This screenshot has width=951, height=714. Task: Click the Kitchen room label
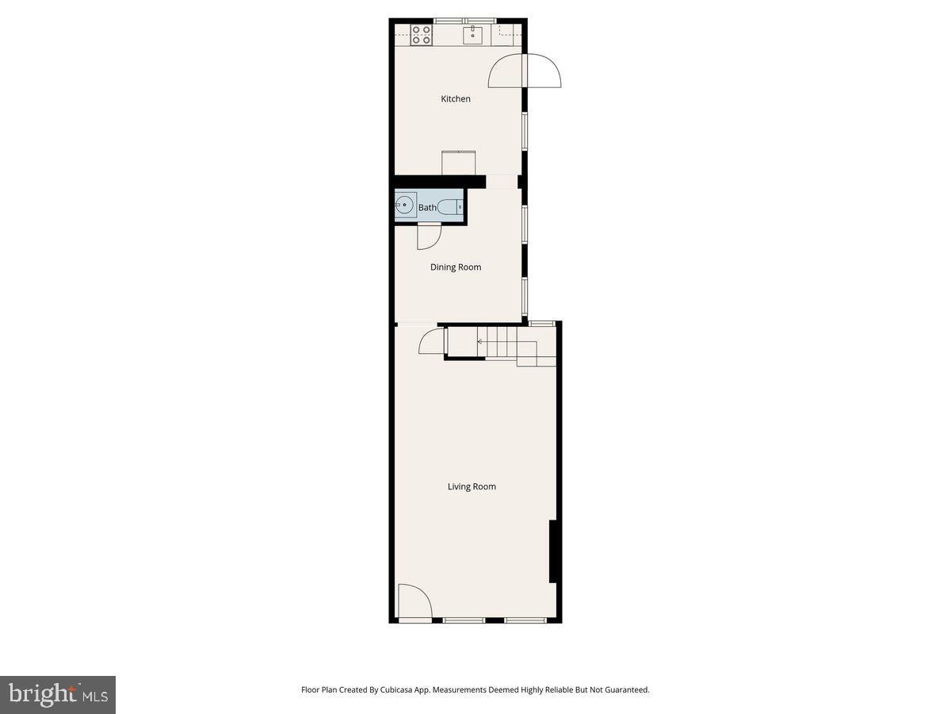[456, 99]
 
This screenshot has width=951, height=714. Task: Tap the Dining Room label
[456, 267]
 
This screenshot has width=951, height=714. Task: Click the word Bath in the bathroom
[427, 208]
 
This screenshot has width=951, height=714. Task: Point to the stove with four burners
[422, 34]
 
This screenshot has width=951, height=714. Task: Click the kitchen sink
[473, 33]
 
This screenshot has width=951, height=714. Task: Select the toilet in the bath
[449, 207]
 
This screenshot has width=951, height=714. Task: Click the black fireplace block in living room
[555, 552]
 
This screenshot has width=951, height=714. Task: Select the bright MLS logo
[58, 695]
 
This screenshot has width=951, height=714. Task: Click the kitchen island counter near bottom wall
[459, 163]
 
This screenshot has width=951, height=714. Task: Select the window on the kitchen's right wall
[525, 131]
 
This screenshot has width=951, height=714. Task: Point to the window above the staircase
[542, 323]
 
